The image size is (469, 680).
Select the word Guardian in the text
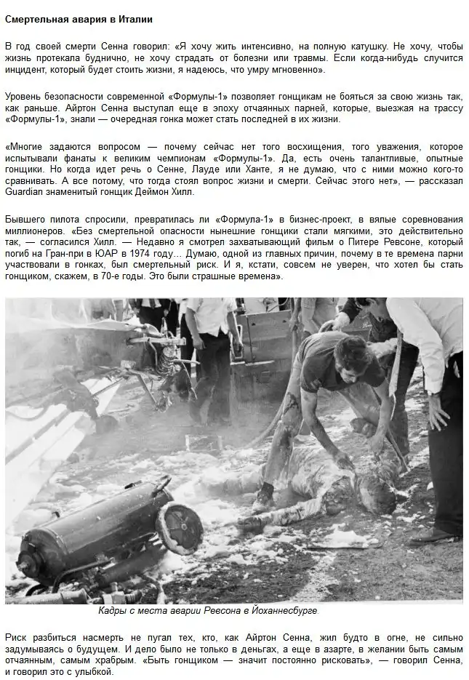[25, 192]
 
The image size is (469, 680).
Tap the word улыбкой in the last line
[94, 671]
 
